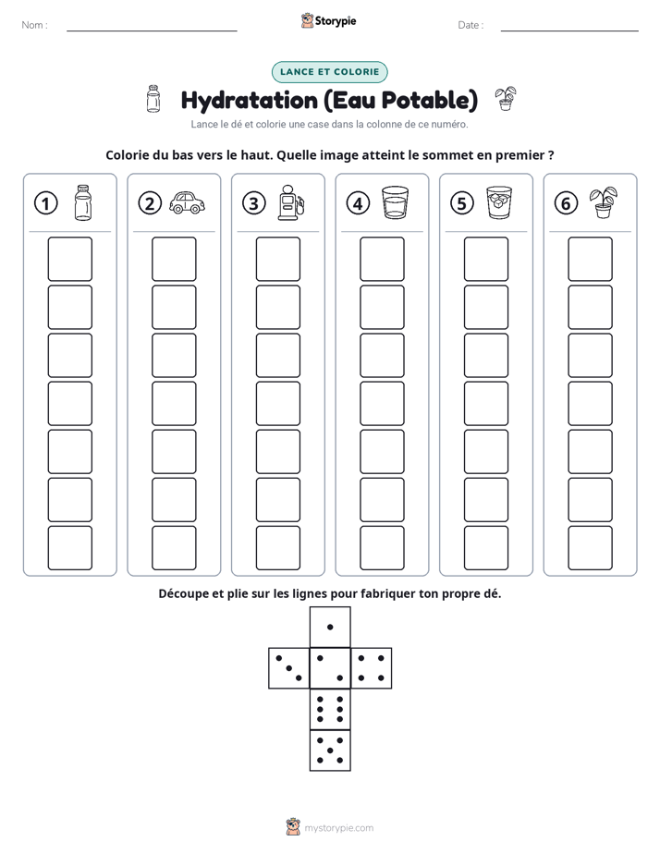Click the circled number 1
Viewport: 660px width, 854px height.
coord(45,203)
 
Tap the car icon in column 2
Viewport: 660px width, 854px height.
coord(188,202)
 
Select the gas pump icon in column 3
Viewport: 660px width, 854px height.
coord(291,202)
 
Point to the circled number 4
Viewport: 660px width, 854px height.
coord(358,203)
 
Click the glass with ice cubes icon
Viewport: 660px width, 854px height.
coord(499,202)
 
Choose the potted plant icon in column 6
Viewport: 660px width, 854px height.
coord(604,202)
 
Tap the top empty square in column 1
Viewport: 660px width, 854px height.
coord(69,259)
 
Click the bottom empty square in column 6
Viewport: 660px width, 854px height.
coord(591,548)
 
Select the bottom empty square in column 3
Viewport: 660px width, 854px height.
coord(277,548)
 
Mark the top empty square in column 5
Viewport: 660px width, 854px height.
coord(486,259)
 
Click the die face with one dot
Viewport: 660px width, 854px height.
coord(330,627)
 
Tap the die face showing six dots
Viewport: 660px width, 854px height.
coord(330,709)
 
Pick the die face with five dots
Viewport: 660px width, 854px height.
coord(330,750)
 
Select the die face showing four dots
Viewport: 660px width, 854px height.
coord(372,668)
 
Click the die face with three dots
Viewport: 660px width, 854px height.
coord(288,668)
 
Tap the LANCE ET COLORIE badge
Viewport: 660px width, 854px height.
coord(329,72)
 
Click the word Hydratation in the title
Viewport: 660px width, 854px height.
coord(250,101)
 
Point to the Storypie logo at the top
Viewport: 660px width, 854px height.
coord(328,20)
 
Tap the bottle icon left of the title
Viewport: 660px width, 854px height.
coord(153,99)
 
